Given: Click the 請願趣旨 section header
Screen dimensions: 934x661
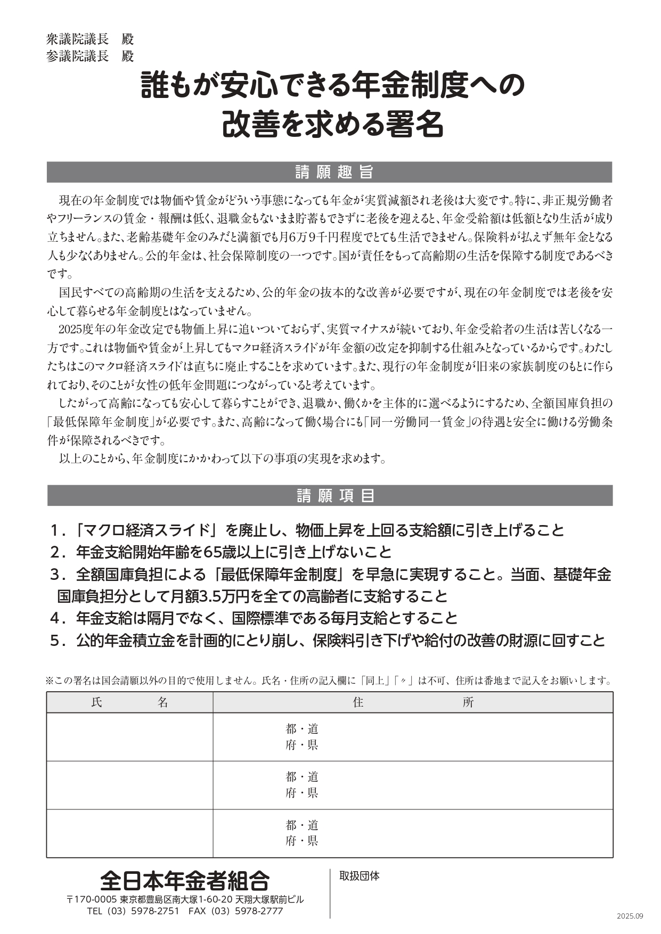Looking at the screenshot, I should [330, 172].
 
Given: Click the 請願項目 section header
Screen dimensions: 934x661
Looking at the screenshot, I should [330, 496].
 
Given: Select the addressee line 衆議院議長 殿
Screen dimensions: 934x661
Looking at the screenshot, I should [90, 39].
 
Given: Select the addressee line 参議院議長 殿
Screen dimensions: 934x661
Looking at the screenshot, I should [90, 56].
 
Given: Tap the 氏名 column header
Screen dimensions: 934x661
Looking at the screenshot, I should [129, 702].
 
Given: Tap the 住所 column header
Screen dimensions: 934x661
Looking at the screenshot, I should [413, 702].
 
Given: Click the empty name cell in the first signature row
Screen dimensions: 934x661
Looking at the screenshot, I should [129, 737].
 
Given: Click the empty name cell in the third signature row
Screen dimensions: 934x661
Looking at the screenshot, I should [129, 833].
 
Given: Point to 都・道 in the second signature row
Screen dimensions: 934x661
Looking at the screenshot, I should [302, 777].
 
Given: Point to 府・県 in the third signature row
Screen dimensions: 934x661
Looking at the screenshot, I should [302, 841].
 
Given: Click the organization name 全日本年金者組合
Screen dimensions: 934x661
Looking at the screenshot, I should [185, 881].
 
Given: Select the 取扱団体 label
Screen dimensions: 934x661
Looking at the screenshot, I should [360, 876].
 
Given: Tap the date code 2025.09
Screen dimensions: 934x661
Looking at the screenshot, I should [630, 916].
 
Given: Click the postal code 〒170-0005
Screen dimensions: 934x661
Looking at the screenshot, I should [91, 899].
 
